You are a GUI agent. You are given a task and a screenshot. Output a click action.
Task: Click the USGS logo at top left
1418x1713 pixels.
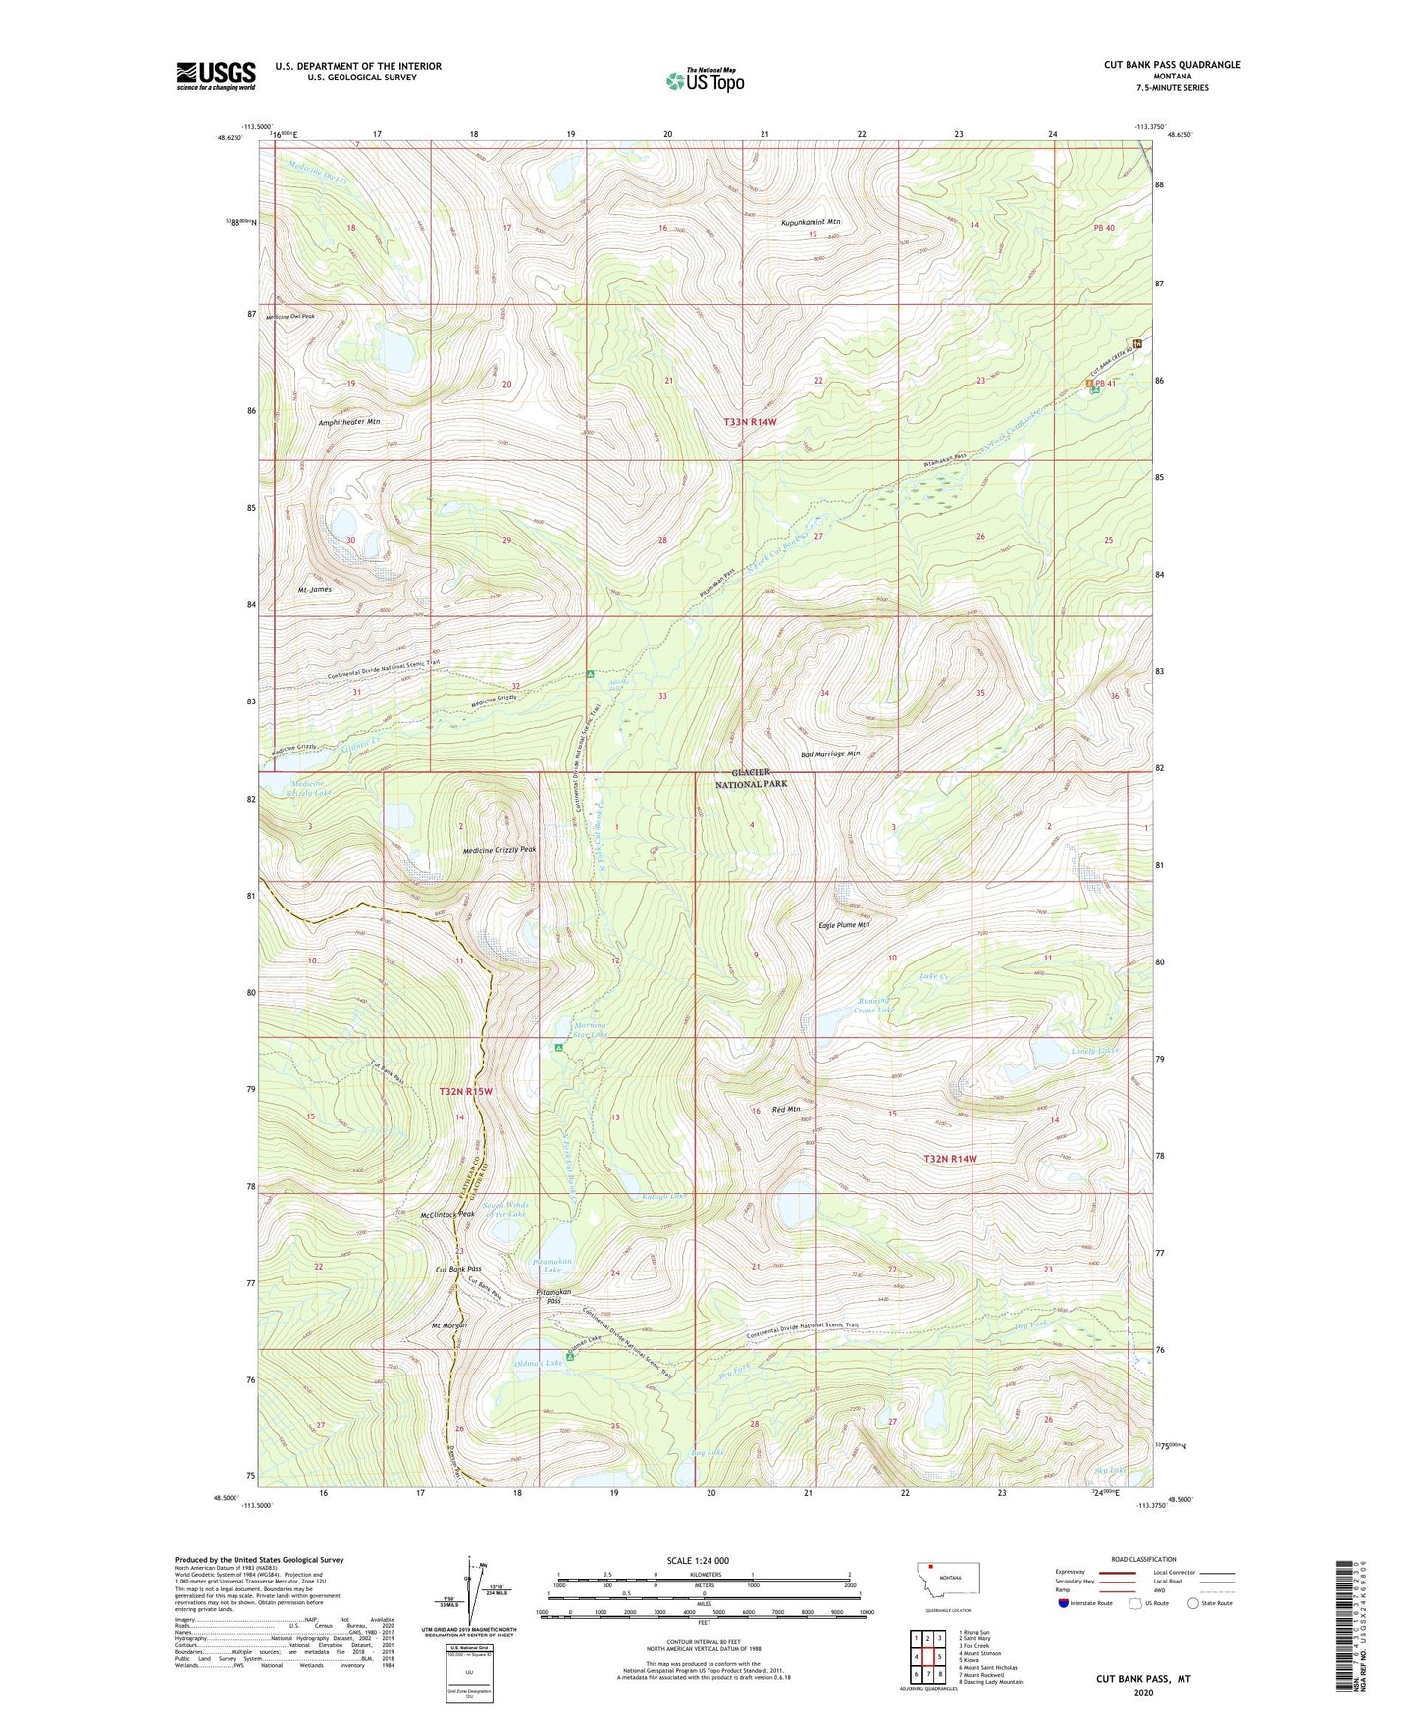click(x=215, y=76)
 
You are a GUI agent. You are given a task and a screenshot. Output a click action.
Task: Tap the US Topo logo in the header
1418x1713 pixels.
click(x=705, y=80)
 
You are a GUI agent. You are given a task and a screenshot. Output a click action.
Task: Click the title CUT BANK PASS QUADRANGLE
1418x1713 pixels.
click(x=1172, y=65)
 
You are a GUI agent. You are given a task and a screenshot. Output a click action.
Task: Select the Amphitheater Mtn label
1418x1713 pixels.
click(x=348, y=421)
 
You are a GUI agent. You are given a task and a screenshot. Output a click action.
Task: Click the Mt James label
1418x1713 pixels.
click(x=314, y=589)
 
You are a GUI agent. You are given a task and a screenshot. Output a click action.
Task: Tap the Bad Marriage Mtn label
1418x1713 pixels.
click(x=830, y=753)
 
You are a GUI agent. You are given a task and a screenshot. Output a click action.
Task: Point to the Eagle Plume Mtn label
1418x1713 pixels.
click(x=844, y=924)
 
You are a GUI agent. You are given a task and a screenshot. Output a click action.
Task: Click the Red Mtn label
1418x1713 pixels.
click(x=786, y=1110)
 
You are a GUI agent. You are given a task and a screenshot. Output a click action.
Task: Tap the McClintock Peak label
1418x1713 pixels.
click(x=446, y=1214)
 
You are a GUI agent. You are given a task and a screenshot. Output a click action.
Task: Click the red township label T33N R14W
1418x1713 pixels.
click(x=750, y=421)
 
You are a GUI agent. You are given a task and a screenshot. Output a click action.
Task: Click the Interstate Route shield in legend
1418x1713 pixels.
click(x=1064, y=1604)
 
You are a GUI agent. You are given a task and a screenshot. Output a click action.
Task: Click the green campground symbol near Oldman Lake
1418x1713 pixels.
click(x=570, y=1359)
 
